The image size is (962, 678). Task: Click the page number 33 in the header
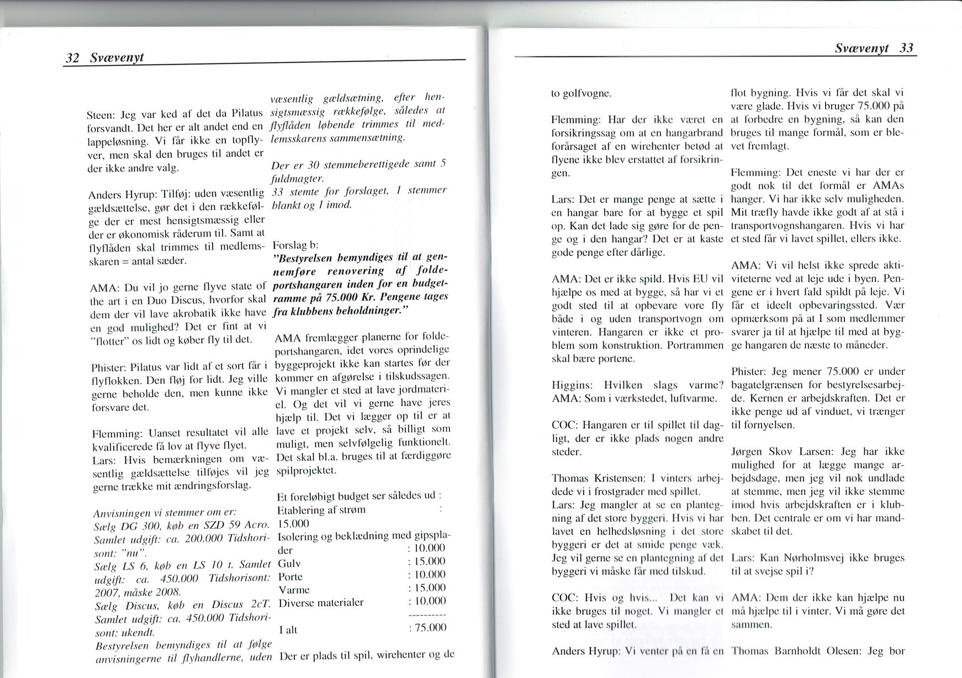(x=906, y=48)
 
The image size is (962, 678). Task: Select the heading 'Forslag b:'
(x=296, y=245)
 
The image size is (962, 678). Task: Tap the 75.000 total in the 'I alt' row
(x=430, y=627)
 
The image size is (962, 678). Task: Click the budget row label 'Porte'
(x=290, y=577)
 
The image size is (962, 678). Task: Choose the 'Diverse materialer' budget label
(x=321, y=602)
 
